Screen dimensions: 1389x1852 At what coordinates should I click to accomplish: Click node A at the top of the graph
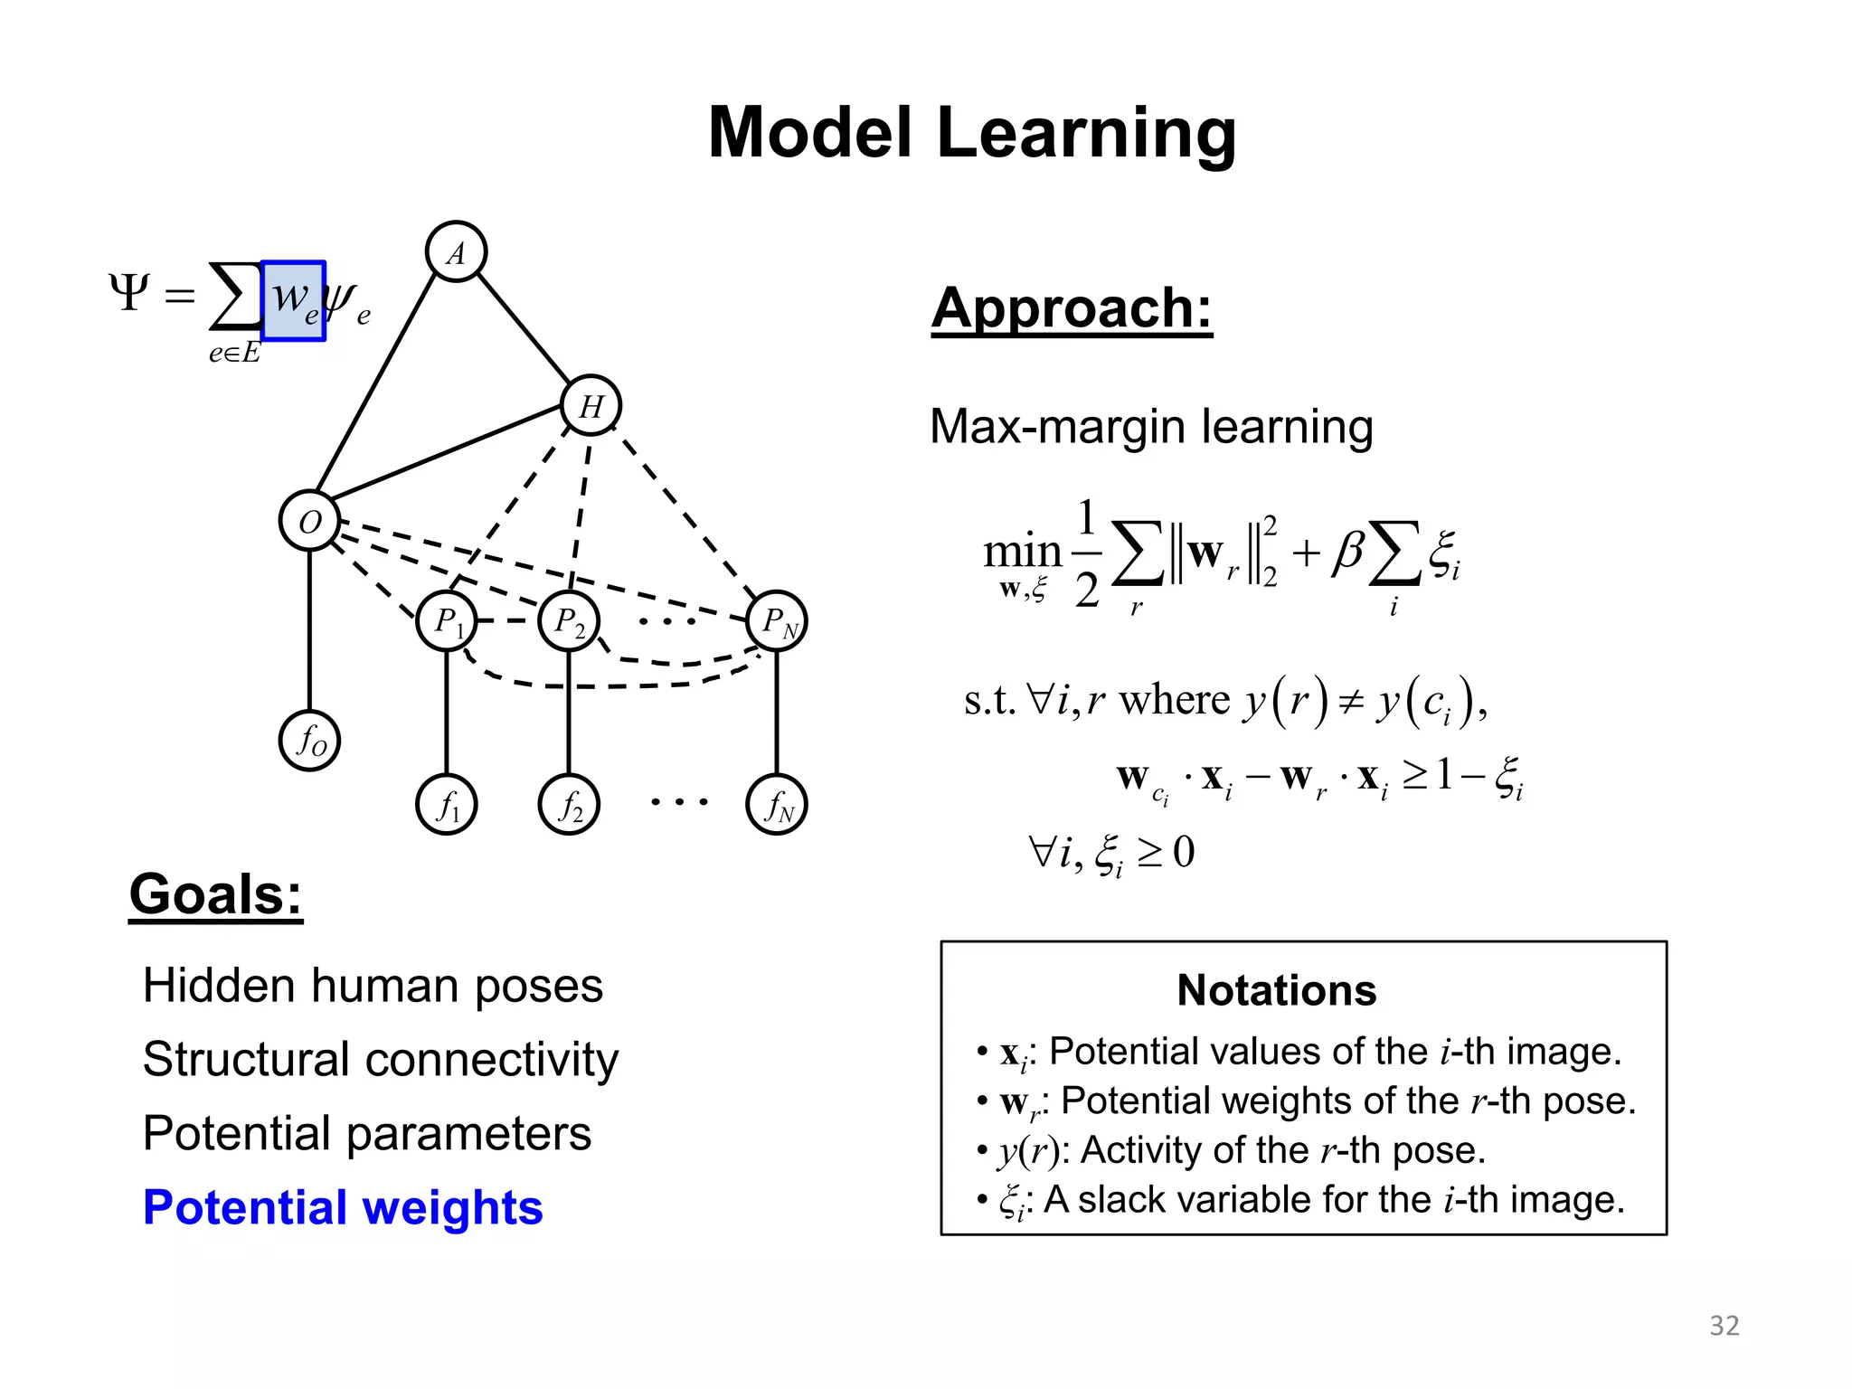click(x=456, y=251)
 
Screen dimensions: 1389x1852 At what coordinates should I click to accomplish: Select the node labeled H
click(x=591, y=405)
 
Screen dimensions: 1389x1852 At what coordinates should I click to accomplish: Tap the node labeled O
click(x=310, y=521)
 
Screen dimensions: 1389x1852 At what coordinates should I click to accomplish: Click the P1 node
click(x=447, y=621)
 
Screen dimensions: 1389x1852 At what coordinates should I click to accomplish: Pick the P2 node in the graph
click(x=569, y=621)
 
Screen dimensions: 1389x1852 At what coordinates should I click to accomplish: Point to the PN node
click(x=777, y=621)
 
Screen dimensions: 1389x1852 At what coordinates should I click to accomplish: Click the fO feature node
click(x=310, y=741)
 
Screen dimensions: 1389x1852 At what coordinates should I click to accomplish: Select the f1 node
click(x=447, y=804)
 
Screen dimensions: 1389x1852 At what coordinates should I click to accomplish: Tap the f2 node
click(x=569, y=804)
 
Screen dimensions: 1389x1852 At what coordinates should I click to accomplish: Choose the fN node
click(x=777, y=804)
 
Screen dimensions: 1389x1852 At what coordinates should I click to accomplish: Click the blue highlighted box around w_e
click(x=293, y=300)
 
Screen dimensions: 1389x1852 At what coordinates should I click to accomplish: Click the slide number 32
click(x=1724, y=1325)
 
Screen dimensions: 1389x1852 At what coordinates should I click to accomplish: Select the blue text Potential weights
click(x=343, y=1207)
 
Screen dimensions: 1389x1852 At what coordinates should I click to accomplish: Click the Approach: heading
click(x=1072, y=308)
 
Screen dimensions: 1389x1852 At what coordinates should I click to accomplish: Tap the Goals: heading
click(x=215, y=894)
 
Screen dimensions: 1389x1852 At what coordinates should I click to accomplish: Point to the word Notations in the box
click(x=1276, y=990)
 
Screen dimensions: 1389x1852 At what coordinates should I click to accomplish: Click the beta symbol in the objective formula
click(x=1347, y=551)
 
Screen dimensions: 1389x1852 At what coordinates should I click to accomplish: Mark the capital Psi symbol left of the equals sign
click(x=129, y=292)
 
